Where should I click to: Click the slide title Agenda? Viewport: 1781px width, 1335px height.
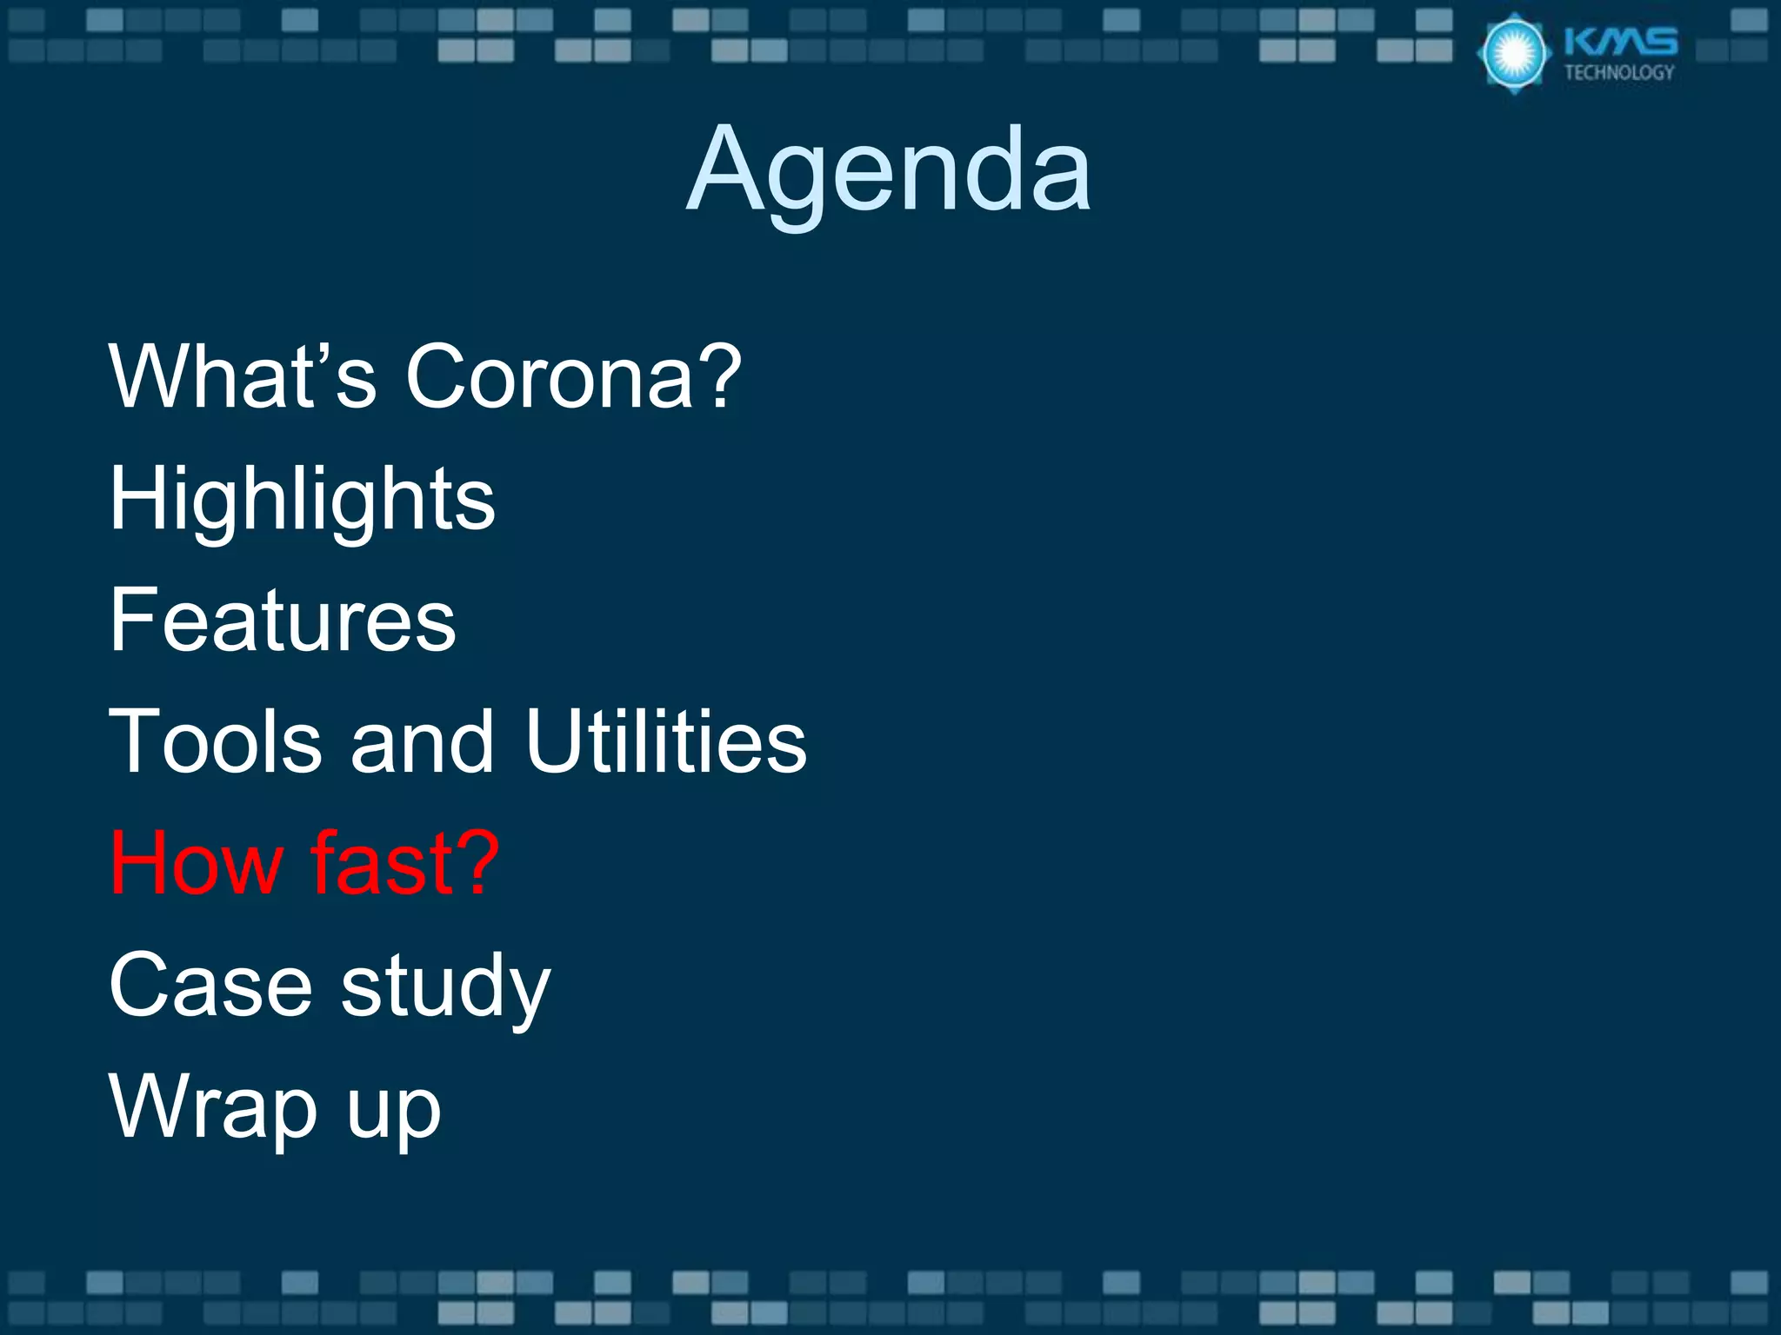pyautogui.click(x=889, y=169)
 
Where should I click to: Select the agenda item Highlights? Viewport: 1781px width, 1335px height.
pyautogui.click(x=302, y=500)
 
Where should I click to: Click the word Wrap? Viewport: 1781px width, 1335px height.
pyautogui.click(x=213, y=1108)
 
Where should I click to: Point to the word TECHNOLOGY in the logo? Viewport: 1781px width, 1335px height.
pyautogui.click(x=1619, y=72)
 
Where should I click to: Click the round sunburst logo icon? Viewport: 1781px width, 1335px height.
pyautogui.click(x=1514, y=54)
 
